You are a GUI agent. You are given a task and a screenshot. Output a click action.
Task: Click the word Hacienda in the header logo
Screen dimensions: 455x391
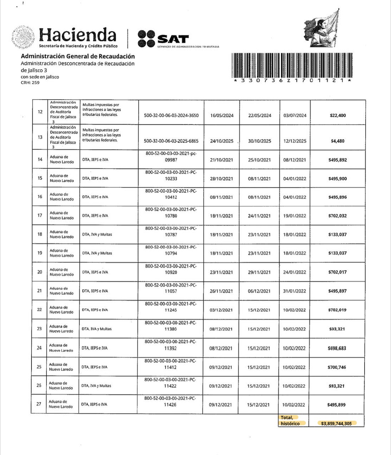[78, 35]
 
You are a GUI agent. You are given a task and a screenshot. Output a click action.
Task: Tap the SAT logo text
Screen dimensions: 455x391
[173, 39]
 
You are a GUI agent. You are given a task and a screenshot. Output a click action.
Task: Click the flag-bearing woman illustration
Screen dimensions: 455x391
[321, 29]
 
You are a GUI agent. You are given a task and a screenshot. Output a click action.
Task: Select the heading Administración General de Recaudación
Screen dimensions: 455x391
[78, 56]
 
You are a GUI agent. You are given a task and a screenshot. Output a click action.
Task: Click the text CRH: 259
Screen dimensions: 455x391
[30, 83]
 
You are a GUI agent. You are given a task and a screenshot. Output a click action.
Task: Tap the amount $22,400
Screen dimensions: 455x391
[338, 115]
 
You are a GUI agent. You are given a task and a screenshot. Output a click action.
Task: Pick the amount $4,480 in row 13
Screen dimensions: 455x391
[338, 141]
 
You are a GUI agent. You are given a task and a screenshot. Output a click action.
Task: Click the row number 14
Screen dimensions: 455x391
[40, 159]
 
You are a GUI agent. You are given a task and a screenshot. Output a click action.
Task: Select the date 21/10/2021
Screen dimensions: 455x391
[222, 160]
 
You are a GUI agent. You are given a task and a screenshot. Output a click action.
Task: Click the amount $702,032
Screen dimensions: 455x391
[337, 216]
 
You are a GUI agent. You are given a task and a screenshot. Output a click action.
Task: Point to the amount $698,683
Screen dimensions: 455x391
[337, 348]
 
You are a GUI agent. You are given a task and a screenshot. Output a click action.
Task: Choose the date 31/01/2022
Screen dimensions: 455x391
[295, 291]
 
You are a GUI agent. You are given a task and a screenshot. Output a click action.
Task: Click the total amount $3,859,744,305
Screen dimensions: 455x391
[336, 424]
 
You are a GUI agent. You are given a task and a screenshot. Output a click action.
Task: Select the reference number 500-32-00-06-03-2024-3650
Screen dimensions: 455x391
[171, 116]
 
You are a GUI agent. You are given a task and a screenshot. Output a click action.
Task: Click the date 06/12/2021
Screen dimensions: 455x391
[259, 291]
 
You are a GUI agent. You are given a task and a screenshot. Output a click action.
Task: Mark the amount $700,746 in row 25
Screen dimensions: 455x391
[337, 367]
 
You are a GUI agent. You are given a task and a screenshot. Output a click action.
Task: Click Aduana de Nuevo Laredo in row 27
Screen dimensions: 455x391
[60, 404]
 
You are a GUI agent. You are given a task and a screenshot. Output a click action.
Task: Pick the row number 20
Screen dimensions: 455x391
[40, 272]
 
